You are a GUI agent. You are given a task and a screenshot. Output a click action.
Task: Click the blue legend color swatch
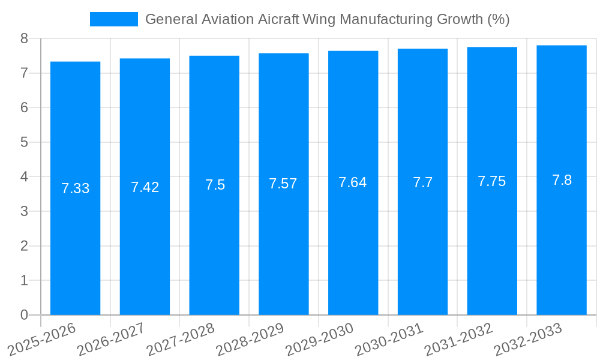113,19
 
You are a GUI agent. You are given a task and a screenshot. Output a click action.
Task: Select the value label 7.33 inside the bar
75,188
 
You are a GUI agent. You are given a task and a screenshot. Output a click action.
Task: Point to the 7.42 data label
145,187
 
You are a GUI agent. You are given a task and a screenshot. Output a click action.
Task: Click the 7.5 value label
215,185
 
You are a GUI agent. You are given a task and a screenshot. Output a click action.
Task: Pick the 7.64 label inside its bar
353,182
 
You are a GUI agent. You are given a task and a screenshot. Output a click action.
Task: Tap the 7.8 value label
562,180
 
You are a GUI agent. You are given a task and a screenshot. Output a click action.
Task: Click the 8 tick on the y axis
24,38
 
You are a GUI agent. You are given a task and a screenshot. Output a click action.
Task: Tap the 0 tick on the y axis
24,315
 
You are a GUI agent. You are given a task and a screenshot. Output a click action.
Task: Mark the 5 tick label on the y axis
24,142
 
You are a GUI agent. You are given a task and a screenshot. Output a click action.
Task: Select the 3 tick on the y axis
24,211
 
